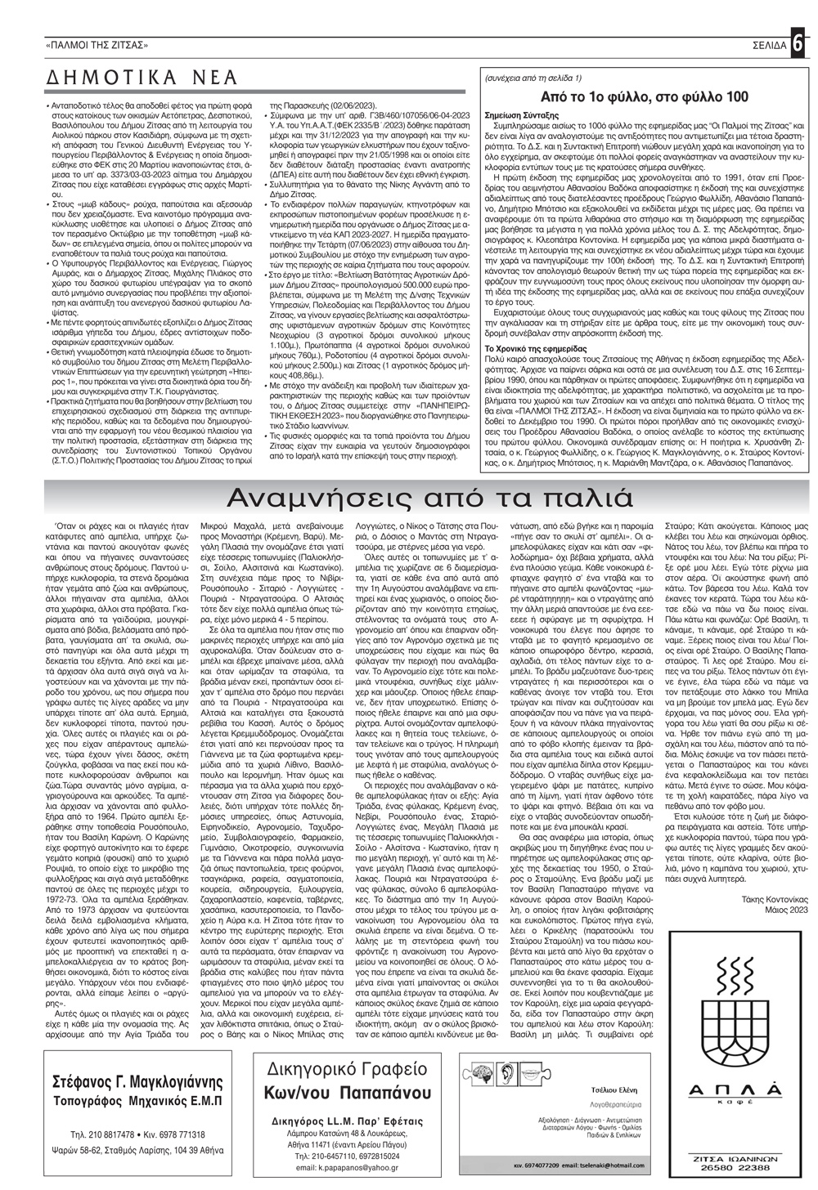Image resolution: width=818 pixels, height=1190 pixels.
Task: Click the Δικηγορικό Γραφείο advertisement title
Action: [347, 1069]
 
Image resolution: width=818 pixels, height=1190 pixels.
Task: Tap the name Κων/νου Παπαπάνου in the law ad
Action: [347, 1092]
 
